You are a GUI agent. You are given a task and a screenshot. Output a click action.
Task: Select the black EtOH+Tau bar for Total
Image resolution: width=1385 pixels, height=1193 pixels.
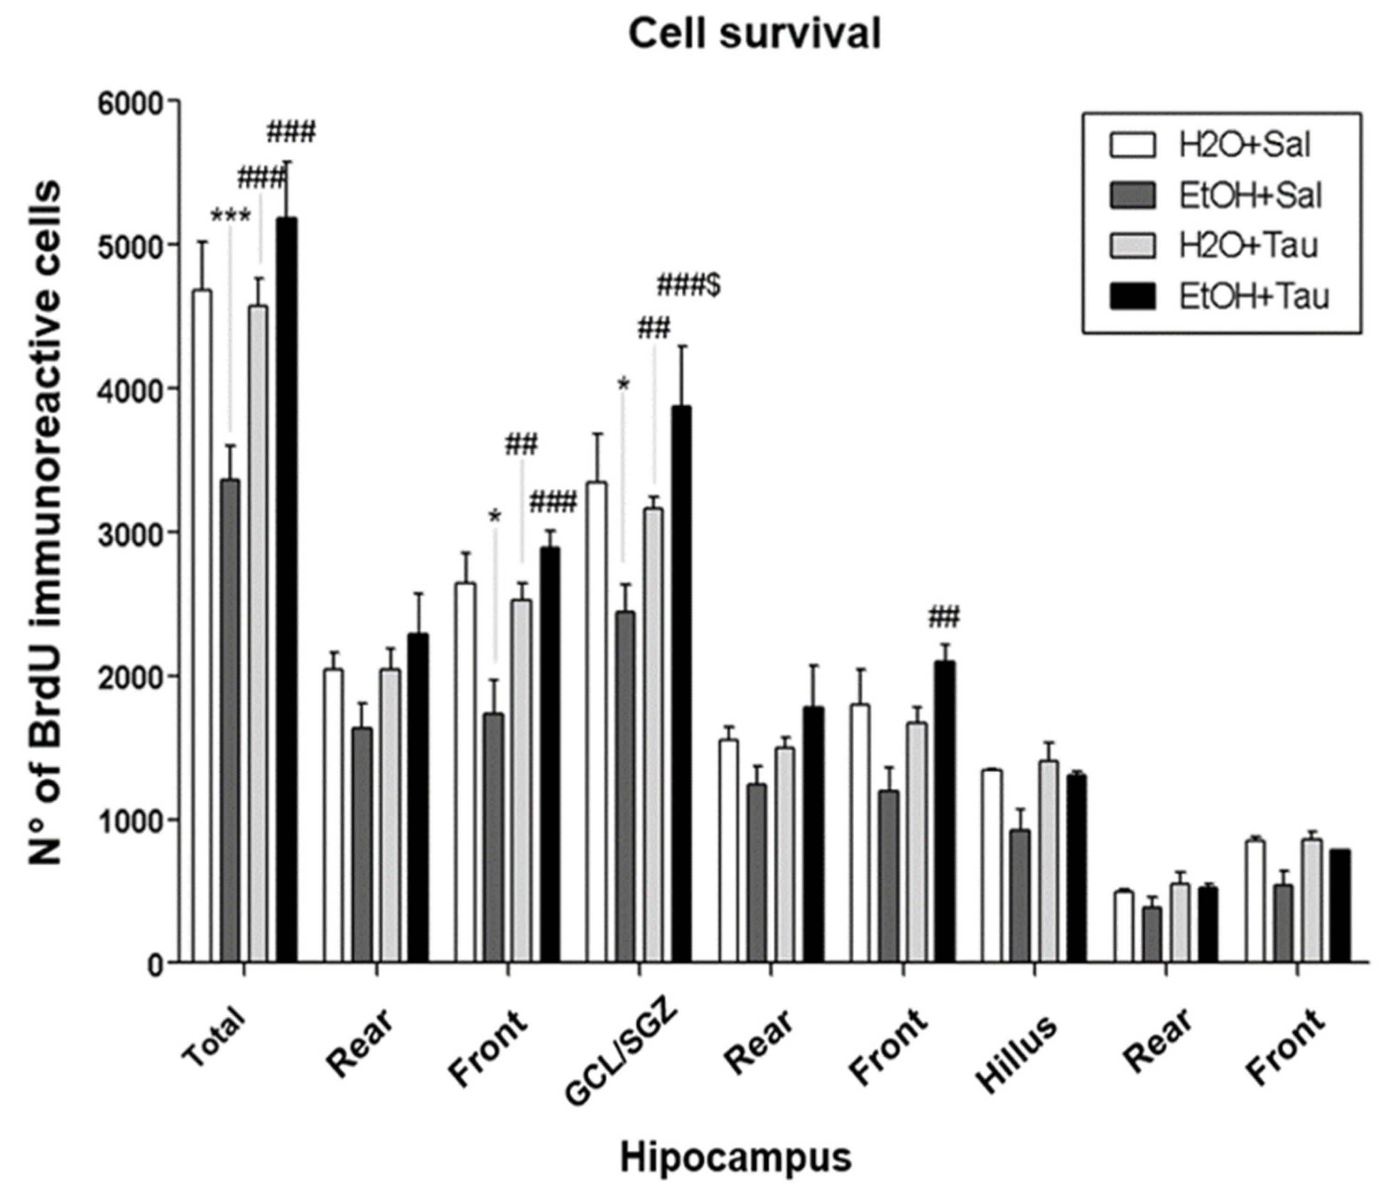287,588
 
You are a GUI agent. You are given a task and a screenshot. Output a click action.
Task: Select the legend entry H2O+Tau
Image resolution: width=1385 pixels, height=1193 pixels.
1247,246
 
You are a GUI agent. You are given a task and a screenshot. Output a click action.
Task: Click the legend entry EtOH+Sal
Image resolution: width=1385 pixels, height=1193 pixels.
1250,197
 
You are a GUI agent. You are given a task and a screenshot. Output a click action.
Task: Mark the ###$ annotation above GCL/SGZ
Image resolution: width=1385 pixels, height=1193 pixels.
689,286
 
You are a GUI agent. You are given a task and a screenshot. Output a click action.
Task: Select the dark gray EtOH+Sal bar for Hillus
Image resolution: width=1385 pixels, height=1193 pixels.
1019,896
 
